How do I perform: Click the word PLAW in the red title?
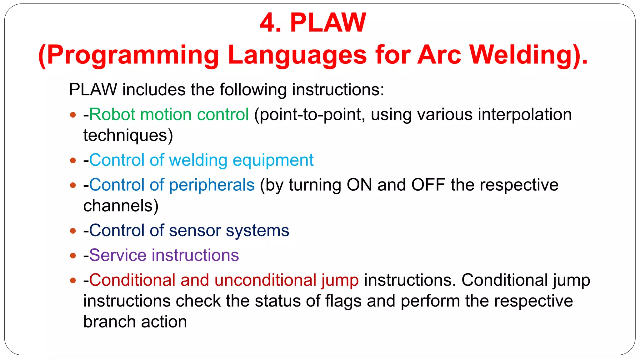(328, 22)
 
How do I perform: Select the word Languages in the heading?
(297, 55)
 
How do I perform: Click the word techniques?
(128, 135)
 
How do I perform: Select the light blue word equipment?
(273, 160)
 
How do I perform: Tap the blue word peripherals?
(212, 185)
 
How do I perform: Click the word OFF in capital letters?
(428, 185)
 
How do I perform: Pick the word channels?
(121, 206)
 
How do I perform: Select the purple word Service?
(118, 255)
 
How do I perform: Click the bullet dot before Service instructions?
(73, 256)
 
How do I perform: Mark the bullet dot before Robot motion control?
(73, 115)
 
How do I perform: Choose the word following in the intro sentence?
(253, 90)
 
